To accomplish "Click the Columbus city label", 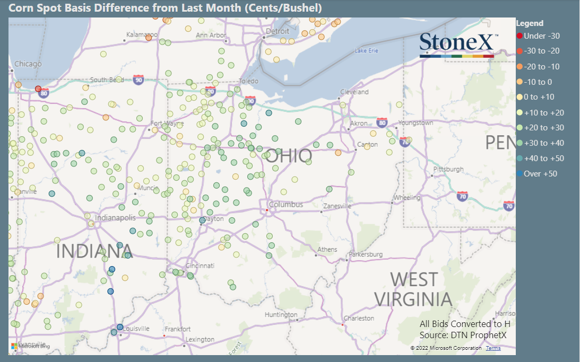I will (x=286, y=205).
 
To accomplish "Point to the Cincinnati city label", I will (x=200, y=266).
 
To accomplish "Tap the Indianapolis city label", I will (x=115, y=217).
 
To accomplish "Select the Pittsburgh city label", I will (x=448, y=170).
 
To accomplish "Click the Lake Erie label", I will (x=367, y=51).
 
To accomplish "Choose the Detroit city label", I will (x=278, y=31).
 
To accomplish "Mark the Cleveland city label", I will (x=354, y=92).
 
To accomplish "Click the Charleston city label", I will (x=359, y=319).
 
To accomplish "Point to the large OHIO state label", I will (x=289, y=155).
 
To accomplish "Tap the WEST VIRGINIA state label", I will (x=414, y=289).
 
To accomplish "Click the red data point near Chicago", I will (x=38, y=89).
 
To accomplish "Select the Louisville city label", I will (x=136, y=329).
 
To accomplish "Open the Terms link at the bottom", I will (x=493, y=348).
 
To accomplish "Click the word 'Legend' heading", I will (x=530, y=23).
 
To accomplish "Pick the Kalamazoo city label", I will (x=142, y=35).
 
